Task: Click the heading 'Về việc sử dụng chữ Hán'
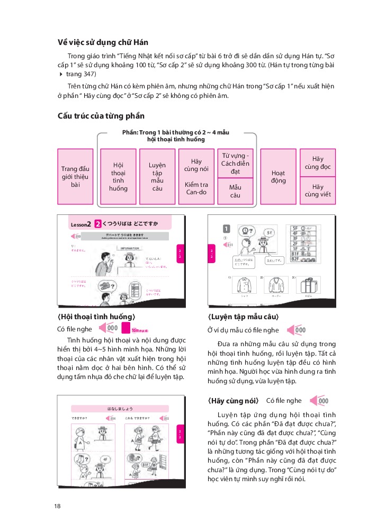103,42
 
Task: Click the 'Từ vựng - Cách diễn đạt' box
236,164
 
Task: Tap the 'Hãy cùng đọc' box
318,163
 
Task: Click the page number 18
57,507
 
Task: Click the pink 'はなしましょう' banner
123,408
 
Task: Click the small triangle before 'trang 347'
60,75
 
